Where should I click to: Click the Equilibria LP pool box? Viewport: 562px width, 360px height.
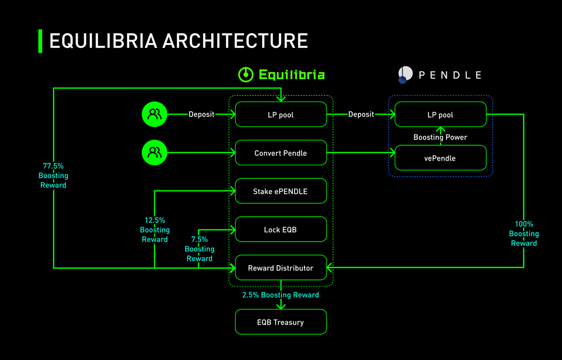click(281, 114)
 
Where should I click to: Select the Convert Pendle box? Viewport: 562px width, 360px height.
click(281, 153)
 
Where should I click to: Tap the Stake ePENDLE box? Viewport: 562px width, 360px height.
click(281, 191)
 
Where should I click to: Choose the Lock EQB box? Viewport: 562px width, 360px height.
click(281, 229)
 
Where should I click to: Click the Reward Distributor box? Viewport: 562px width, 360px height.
click(281, 268)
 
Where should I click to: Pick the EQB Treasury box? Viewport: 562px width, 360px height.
click(281, 322)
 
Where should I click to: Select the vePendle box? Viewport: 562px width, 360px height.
click(440, 158)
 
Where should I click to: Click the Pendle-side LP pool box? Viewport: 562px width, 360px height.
click(440, 114)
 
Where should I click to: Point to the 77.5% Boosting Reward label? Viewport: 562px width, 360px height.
click(53, 176)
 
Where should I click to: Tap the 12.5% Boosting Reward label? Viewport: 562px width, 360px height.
click(155, 230)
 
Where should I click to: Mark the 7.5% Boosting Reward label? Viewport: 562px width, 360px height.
click(200, 249)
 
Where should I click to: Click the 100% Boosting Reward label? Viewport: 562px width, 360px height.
click(524, 234)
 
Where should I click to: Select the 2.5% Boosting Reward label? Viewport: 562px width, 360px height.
click(281, 295)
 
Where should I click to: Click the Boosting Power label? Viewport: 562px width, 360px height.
click(440, 137)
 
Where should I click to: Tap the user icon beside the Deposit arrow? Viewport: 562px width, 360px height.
click(154, 114)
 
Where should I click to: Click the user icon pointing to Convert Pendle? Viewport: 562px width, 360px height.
click(154, 153)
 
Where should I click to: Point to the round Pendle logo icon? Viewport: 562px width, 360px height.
click(405, 74)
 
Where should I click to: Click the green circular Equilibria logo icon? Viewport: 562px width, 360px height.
click(246, 74)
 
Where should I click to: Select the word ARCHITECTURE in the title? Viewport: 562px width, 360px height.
click(235, 41)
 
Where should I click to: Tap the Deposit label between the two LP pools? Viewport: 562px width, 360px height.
click(361, 114)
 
